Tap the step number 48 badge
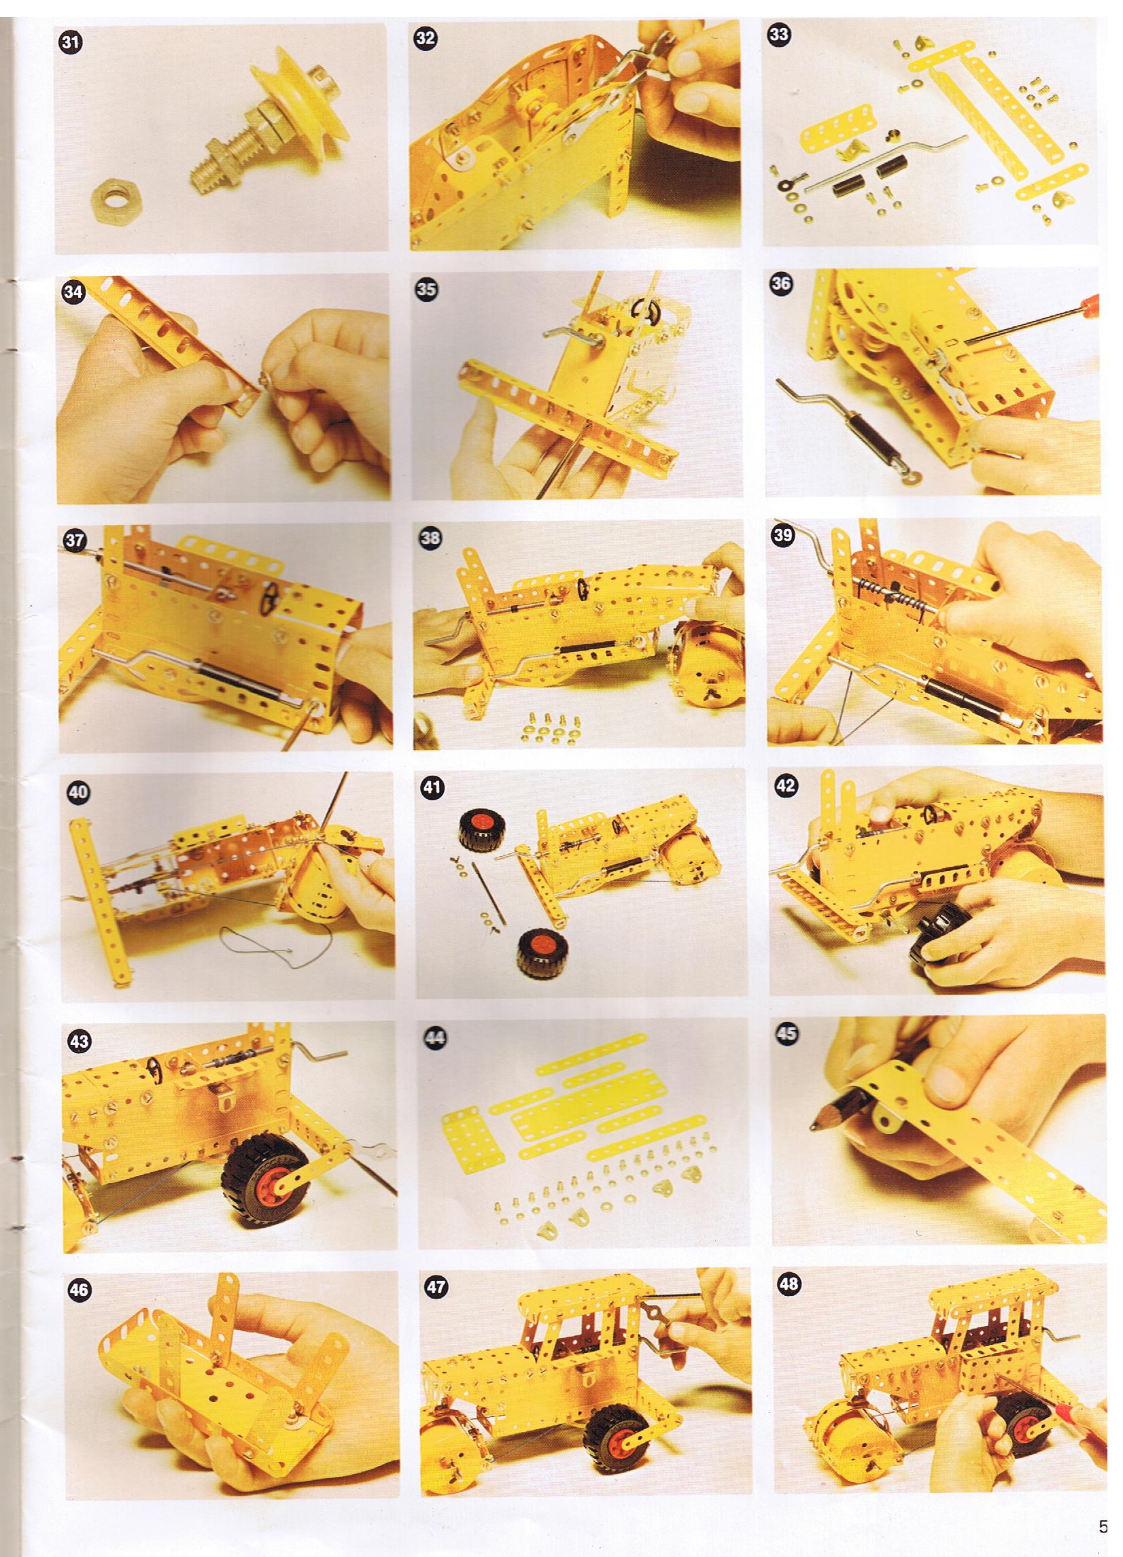789,1284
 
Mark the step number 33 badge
778,36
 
